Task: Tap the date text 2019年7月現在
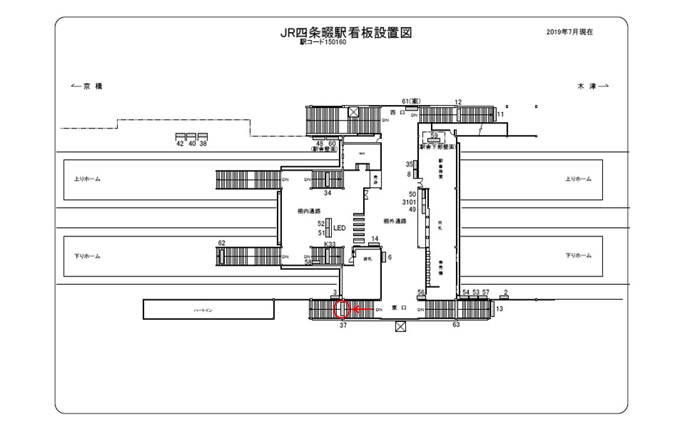click(x=569, y=32)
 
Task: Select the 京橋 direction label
click(x=88, y=86)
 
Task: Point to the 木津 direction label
click(x=592, y=86)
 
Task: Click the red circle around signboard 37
click(x=342, y=309)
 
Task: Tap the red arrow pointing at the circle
click(x=362, y=309)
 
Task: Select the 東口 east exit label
click(x=400, y=309)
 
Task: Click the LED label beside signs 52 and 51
click(x=340, y=228)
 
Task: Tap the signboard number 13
click(x=499, y=308)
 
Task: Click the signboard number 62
click(x=221, y=243)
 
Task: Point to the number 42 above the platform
click(x=180, y=144)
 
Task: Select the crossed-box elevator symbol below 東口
click(x=400, y=327)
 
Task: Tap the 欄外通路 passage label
click(x=395, y=221)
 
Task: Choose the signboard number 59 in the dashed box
click(x=434, y=134)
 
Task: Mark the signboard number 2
click(x=505, y=292)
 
